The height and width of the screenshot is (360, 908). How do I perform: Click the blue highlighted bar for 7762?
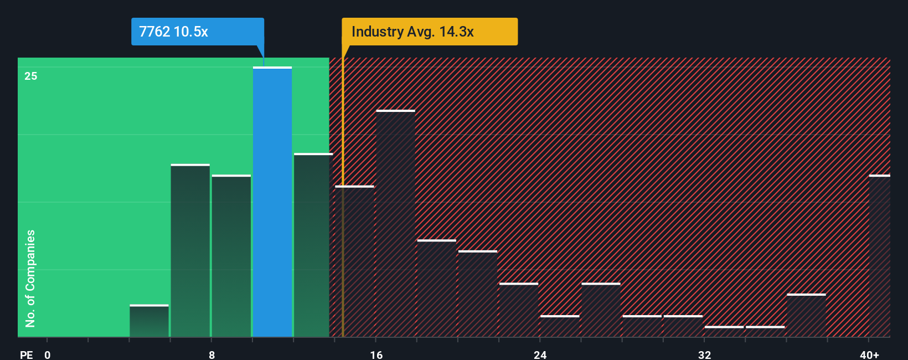(272, 202)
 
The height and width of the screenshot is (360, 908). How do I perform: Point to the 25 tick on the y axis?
(31, 76)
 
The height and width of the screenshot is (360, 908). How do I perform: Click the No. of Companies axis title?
(30, 278)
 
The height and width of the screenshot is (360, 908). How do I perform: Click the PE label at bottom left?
(26, 354)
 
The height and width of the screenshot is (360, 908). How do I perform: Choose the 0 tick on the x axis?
(48, 354)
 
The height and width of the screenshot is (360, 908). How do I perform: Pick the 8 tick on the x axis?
(212, 354)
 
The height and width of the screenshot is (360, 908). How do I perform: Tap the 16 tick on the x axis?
(376, 354)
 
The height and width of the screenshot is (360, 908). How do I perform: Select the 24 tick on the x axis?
(540, 354)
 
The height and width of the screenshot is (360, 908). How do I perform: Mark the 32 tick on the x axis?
(704, 354)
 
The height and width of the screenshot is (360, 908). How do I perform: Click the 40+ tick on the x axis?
(869, 354)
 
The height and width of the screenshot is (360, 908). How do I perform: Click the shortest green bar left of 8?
(149, 321)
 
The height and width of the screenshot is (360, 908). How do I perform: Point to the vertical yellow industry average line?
(343, 222)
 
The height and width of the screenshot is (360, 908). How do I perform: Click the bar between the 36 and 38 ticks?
(806, 316)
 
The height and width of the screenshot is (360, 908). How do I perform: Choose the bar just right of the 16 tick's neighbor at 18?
(436, 288)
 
